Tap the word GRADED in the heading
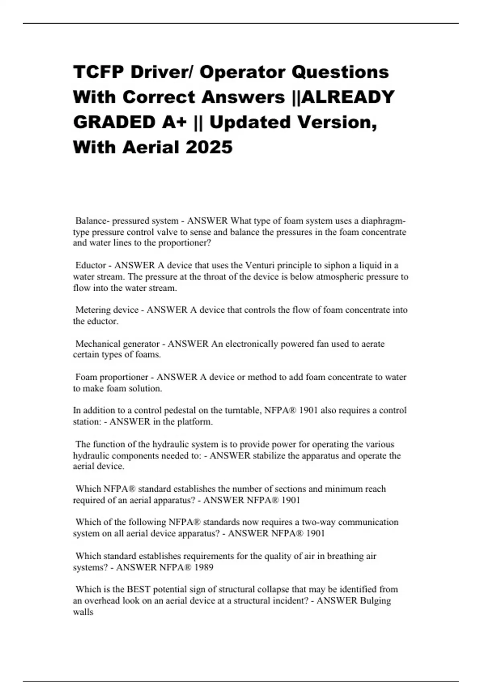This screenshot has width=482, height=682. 114,122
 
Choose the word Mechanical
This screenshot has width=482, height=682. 97,344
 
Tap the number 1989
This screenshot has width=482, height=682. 203,567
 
